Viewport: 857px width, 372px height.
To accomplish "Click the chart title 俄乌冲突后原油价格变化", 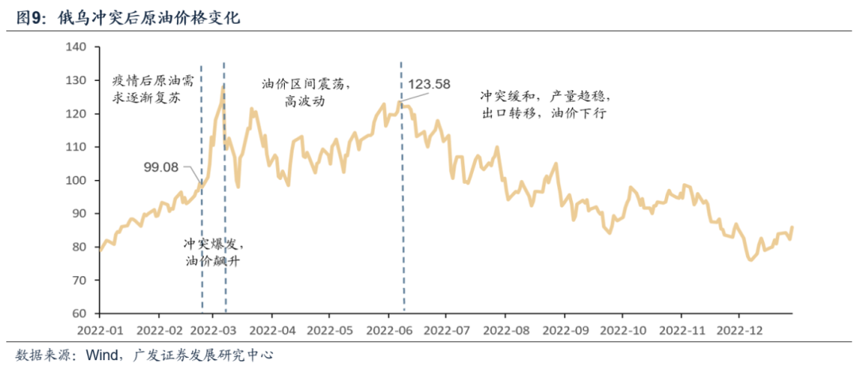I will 149,17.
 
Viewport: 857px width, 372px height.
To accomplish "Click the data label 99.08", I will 162,167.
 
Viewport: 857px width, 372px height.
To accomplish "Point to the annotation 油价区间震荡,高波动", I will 306,92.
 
